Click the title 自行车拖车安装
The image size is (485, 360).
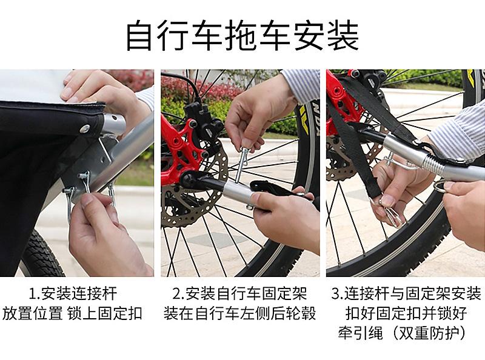(x=242, y=35)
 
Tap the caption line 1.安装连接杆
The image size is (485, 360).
(x=73, y=293)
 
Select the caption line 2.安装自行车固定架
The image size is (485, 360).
(x=239, y=293)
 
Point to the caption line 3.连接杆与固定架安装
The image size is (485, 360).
(x=406, y=293)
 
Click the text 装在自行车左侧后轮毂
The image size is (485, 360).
(x=239, y=313)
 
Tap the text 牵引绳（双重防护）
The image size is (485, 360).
(x=402, y=333)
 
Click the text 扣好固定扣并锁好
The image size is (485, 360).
(x=406, y=313)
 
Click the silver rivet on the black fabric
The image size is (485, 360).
(x=85, y=128)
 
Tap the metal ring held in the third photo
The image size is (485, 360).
(x=438, y=187)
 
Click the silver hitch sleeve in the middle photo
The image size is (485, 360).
(x=238, y=190)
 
